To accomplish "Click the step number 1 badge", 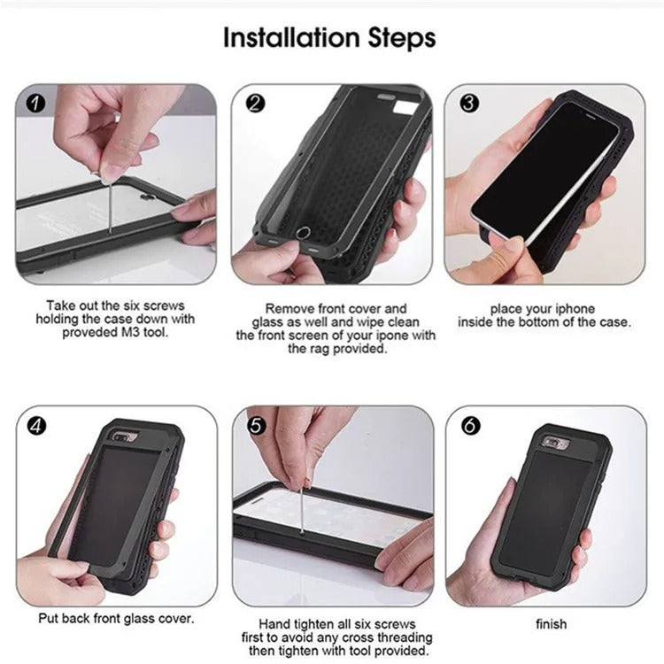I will [36, 104].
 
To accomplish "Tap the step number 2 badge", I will [254, 104].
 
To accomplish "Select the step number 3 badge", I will [469, 104].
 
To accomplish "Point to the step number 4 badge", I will [36, 426].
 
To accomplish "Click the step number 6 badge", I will [469, 426].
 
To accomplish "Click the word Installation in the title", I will [289, 38].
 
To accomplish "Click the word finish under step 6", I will [551, 624].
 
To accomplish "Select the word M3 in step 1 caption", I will [131, 333].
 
